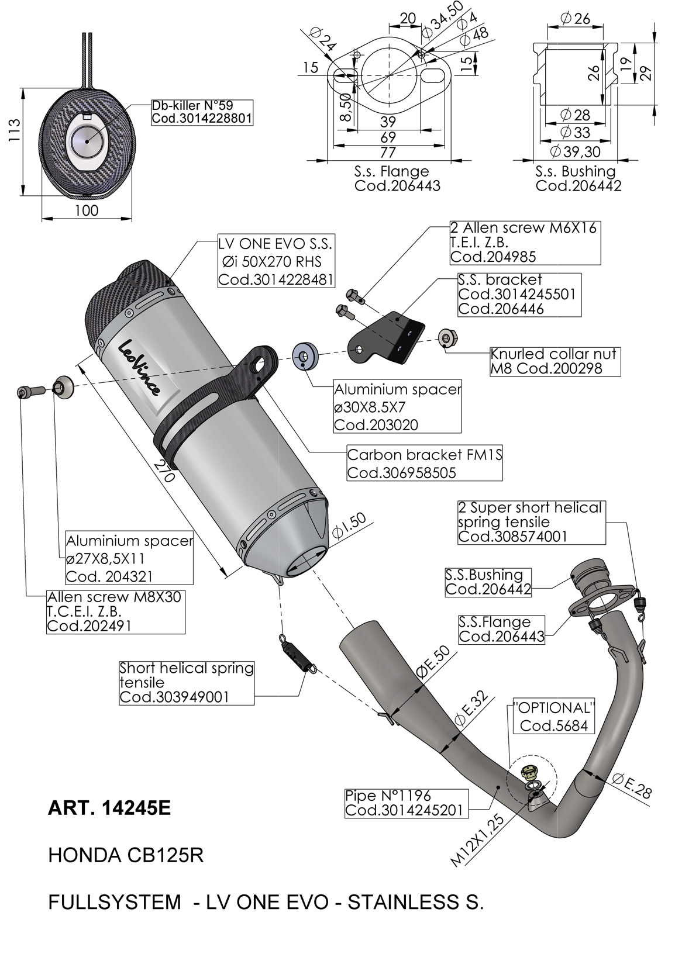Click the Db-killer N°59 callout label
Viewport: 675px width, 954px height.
click(202, 112)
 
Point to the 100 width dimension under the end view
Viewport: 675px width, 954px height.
click(87, 210)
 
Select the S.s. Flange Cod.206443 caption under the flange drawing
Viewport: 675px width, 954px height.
click(397, 178)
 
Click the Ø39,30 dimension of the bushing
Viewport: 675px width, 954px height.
click(575, 151)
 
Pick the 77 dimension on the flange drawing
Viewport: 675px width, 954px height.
click(388, 152)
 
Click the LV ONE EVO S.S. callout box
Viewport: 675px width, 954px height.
click(276, 261)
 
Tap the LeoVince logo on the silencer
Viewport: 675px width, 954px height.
click(139, 367)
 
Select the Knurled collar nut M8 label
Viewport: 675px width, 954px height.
click(555, 361)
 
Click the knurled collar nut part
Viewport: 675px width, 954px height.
click(448, 337)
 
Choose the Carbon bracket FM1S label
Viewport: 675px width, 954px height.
click(425, 464)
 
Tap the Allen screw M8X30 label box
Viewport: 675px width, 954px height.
click(115, 611)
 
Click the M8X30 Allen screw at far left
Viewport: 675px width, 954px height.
click(30, 391)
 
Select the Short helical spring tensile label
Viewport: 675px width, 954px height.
click(186, 682)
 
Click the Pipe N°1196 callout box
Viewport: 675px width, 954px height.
click(406, 803)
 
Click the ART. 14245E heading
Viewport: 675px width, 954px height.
click(109, 808)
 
